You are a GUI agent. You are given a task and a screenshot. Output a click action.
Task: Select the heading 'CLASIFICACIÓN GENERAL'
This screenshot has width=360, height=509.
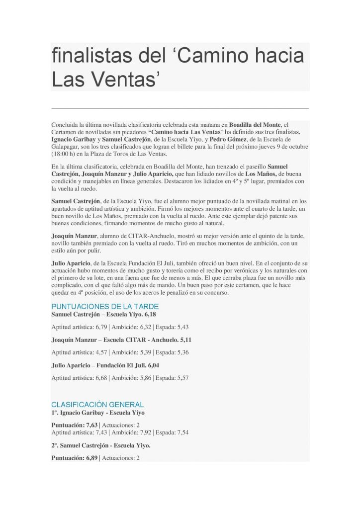[x=97, y=405]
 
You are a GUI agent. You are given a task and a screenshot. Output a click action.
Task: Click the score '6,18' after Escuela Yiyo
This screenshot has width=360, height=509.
[x=150, y=315]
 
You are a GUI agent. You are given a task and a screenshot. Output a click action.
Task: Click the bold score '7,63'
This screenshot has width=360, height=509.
[x=91, y=425]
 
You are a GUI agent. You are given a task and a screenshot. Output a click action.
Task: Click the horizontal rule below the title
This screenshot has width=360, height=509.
[x=180, y=107]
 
